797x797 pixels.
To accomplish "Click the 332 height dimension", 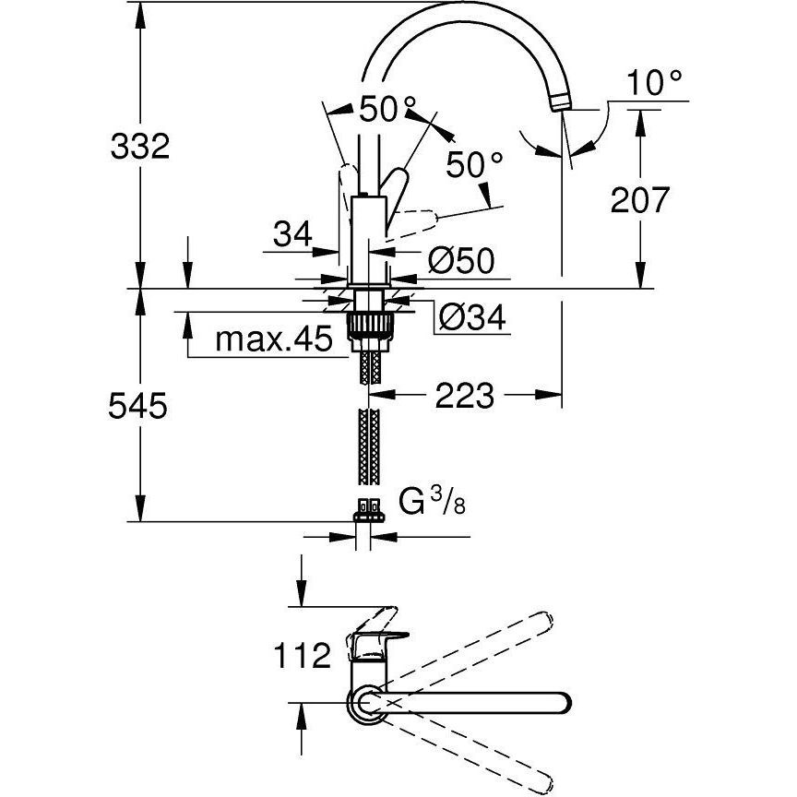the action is click(x=140, y=147).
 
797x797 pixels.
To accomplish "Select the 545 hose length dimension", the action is click(x=137, y=406).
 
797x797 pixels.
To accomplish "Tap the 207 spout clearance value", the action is click(x=640, y=200).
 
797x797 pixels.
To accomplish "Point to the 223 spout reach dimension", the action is click(x=465, y=396).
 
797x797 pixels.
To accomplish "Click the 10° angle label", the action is click(x=654, y=83).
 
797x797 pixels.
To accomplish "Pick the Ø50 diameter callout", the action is click(x=461, y=261).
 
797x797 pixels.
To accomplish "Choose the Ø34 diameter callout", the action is click(x=472, y=317).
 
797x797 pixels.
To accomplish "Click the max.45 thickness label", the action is click(x=274, y=339).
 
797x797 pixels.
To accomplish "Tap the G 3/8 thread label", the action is click(x=432, y=502).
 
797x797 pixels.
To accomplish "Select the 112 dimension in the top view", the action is click(x=302, y=655).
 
